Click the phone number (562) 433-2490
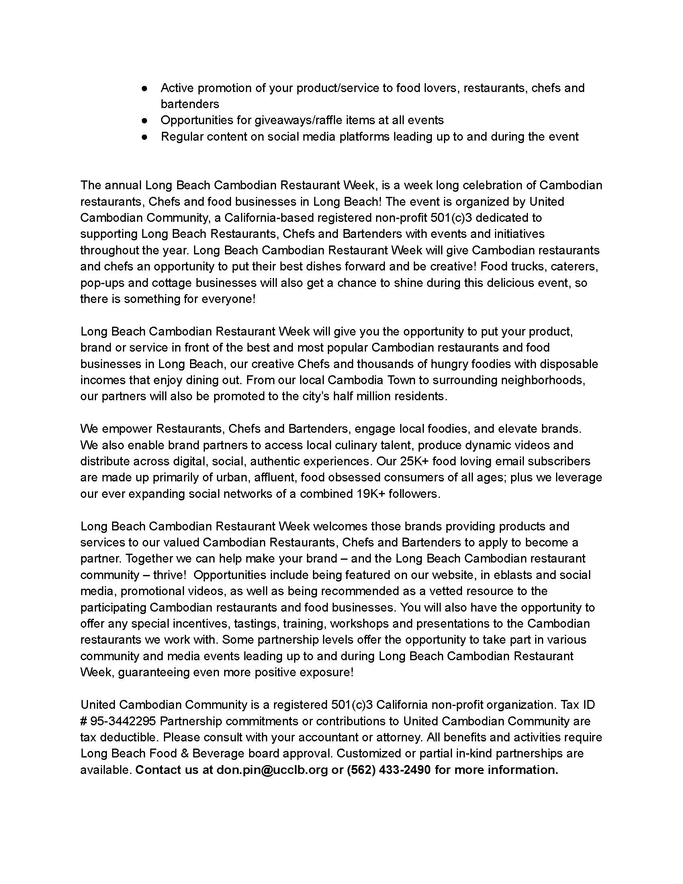coord(389,769)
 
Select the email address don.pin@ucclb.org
coord(272,769)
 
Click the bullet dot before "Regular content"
coord(145,137)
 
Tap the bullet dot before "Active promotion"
coord(145,88)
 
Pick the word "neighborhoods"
coord(542,380)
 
